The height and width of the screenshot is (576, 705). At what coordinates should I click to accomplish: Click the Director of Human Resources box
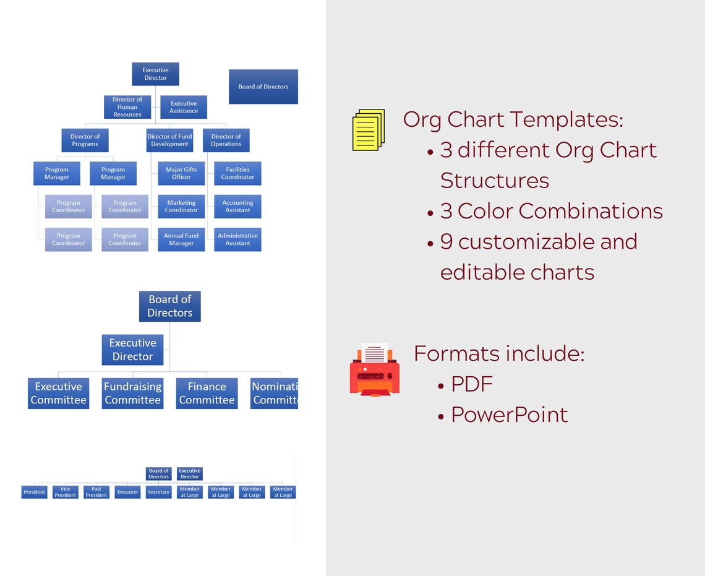coord(127,107)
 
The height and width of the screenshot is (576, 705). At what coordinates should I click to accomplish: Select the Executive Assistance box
coord(184,107)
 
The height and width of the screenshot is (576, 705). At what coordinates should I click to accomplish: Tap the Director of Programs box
coord(85,140)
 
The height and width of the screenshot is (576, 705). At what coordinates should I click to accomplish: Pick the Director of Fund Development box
coord(169,140)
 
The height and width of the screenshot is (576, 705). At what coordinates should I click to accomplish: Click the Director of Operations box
coord(226,140)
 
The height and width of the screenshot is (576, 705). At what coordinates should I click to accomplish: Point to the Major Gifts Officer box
coord(181,173)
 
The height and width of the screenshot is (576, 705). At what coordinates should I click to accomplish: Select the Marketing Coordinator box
coord(181,207)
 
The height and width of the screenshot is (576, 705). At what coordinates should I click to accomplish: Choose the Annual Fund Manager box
coord(181,239)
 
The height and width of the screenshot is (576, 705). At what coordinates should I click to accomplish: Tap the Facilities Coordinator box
coord(237,173)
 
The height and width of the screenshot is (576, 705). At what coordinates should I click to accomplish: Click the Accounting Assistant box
coord(237,207)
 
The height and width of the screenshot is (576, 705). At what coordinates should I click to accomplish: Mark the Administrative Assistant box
coord(237,239)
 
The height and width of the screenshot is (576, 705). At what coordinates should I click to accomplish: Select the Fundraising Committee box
coord(132,393)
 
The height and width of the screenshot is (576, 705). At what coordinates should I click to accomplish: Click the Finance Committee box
coord(207,393)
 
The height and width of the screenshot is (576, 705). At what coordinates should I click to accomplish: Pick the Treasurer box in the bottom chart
coord(127,492)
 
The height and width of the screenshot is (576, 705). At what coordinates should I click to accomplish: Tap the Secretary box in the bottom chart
coord(158,492)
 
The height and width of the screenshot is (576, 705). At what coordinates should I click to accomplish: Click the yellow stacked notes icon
coord(369,129)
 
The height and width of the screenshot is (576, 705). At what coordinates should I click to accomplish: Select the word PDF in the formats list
coord(472,384)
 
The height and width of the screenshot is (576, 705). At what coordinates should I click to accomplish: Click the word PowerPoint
coord(509,415)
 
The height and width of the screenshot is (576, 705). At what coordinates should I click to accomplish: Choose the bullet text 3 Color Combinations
coord(550,211)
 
